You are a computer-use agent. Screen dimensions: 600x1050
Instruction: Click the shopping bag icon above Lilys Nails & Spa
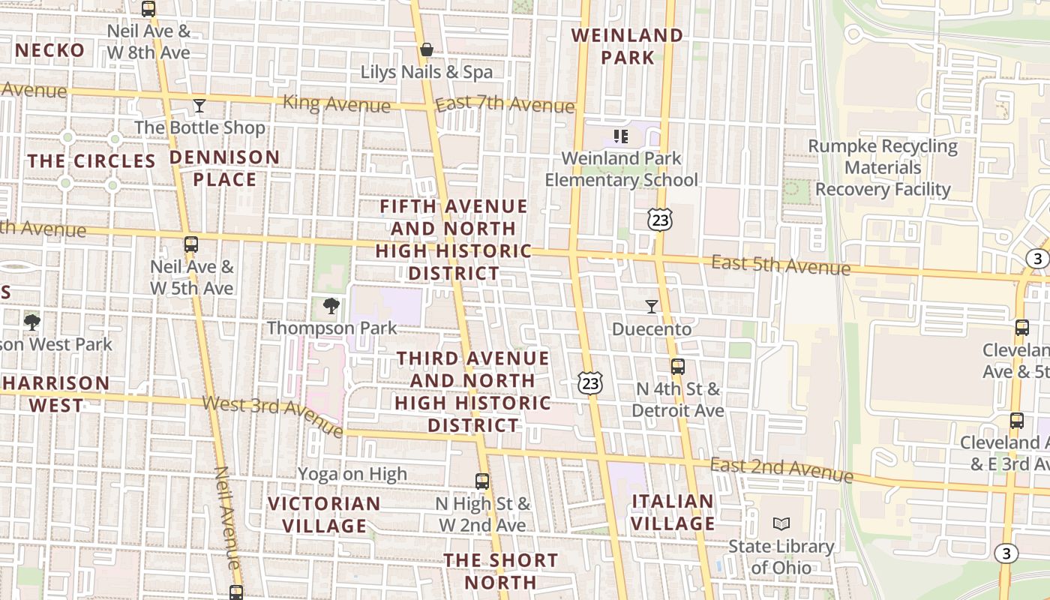click(x=426, y=49)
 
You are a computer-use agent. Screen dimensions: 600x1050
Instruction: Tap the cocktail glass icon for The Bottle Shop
click(x=199, y=105)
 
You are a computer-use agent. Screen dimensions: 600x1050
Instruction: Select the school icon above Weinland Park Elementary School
click(x=620, y=136)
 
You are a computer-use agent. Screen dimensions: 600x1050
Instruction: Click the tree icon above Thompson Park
click(x=331, y=305)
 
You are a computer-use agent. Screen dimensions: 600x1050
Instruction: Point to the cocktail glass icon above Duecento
click(x=651, y=306)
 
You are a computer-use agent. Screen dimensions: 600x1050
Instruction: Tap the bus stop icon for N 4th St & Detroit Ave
click(x=677, y=366)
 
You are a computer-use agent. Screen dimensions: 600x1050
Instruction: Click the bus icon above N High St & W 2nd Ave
click(x=482, y=481)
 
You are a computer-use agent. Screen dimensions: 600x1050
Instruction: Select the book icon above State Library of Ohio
click(x=781, y=523)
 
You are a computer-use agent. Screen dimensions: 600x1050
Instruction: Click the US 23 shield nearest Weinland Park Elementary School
click(x=660, y=220)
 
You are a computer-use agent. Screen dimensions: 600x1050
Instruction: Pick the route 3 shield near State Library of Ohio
click(x=1006, y=553)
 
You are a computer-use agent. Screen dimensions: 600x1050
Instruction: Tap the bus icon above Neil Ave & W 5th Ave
click(x=191, y=244)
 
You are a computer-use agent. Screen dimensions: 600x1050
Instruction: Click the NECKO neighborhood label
click(x=49, y=50)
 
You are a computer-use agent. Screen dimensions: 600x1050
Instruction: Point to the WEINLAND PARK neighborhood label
click(x=627, y=46)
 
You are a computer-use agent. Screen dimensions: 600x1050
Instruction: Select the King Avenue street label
click(x=337, y=103)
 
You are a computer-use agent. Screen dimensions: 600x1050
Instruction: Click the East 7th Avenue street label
click(x=504, y=103)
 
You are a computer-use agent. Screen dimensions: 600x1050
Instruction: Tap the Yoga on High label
click(x=352, y=473)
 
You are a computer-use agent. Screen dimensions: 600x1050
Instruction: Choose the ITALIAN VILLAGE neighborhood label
click(x=673, y=512)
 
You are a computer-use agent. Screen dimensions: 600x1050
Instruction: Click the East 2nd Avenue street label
click(x=781, y=469)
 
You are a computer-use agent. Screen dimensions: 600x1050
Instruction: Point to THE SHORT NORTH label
click(x=500, y=571)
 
